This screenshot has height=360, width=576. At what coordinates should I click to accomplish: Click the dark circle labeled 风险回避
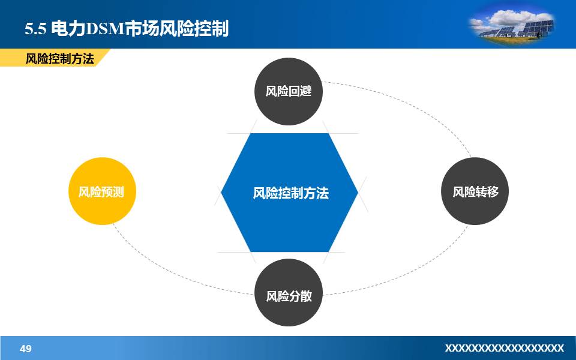[x=289, y=91]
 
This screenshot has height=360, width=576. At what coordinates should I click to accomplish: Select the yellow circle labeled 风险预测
[x=102, y=191]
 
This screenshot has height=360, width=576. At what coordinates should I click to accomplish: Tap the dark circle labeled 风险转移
[x=475, y=191]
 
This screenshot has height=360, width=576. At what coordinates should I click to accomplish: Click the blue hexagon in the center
[x=289, y=168]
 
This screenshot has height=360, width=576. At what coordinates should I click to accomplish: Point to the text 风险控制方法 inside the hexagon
[x=290, y=193]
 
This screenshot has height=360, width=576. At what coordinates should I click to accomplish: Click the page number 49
[x=26, y=349]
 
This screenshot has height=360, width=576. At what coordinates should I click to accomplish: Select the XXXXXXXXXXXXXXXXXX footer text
[x=504, y=349]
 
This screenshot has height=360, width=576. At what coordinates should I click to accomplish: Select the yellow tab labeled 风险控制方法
[x=59, y=59]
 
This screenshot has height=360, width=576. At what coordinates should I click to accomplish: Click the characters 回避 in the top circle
[x=300, y=92]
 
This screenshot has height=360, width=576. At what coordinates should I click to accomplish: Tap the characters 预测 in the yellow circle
[x=113, y=192]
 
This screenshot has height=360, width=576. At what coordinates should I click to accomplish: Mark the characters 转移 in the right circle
[x=487, y=192]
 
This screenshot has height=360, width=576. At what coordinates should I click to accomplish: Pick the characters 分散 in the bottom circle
[x=300, y=296]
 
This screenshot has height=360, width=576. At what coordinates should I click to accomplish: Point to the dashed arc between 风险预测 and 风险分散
[x=156, y=267]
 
